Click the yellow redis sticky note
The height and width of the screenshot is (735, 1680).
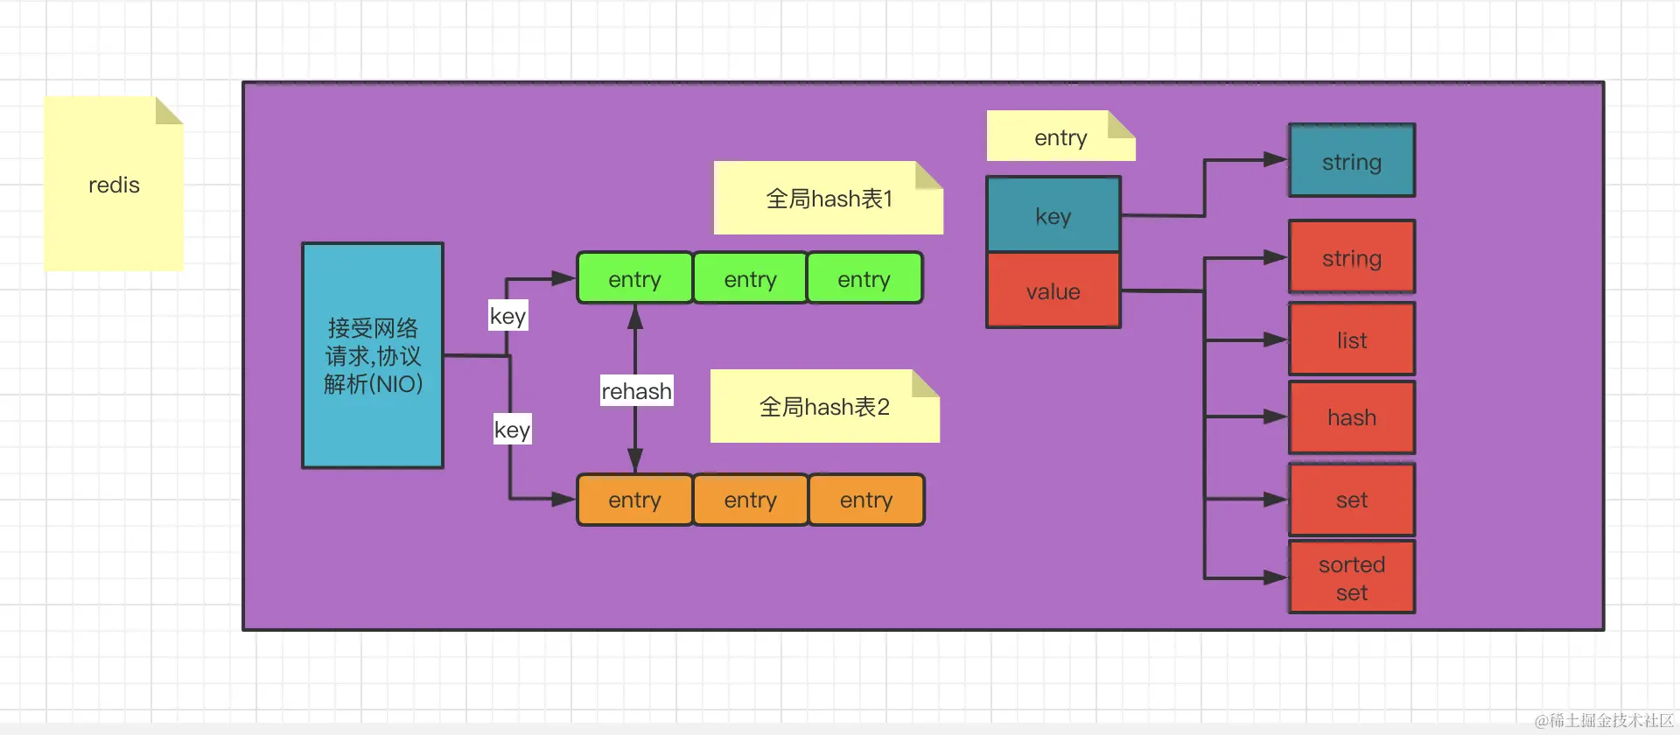tap(114, 184)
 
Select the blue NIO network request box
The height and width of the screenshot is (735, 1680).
tap(373, 355)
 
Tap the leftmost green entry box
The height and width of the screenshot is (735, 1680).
tap(634, 278)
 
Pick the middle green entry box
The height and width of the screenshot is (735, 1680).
tap(750, 278)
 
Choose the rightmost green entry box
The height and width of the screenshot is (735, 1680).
tap(864, 278)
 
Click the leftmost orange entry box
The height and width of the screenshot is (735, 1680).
tap(634, 500)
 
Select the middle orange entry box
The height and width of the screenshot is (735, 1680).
tap(750, 500)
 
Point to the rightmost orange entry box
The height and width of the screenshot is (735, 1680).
tap(866, 500)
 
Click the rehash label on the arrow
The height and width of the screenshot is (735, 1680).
tap(636, 390)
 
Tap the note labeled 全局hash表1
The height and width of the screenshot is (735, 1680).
tap(828, 199)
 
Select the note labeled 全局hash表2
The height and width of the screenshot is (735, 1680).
tap(824, 407)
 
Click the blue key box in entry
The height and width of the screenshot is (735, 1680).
tap(1053, 215)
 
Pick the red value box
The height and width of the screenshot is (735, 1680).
tap(1053, 290)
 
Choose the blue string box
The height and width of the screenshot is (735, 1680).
tap(1352, 161)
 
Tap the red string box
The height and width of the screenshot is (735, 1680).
tap(1352, 257)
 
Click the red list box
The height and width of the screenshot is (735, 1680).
tap(1352, 339)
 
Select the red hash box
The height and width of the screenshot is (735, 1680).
tap(1352, 417)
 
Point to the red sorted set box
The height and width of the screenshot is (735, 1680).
tap(1352, 577)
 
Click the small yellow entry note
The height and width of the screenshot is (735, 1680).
tap(1060, 136)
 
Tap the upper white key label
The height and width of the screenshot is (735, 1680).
tap(507, 315)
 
